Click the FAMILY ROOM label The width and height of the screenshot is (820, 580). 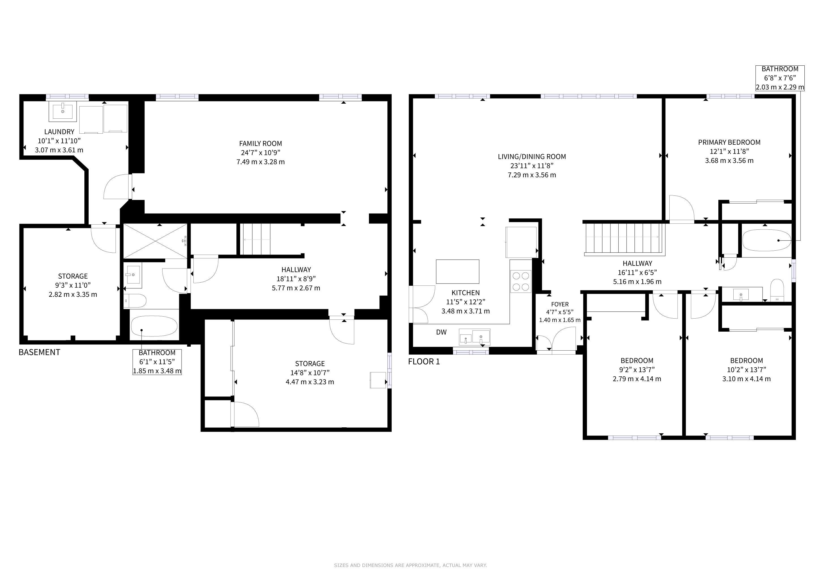coord(260,144)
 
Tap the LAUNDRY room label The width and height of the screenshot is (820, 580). coord(59,132)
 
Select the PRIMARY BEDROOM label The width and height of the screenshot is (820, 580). coord(729,142)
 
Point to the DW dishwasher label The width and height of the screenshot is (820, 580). coord(441,332)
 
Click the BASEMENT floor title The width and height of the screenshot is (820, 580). coord(39,352)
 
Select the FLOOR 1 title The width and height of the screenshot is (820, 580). coord(424,361)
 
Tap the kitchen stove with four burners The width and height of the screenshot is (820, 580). coord(521,282)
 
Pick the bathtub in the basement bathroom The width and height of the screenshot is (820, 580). coord(154,326)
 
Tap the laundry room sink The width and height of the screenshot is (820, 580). coord(63,111)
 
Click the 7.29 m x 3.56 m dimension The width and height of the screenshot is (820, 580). coord(532,175)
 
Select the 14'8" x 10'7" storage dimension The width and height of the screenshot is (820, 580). coord(310,372)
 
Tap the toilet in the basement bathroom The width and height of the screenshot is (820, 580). coord(135,301)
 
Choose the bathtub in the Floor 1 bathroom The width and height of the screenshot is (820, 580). coord(766,240)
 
